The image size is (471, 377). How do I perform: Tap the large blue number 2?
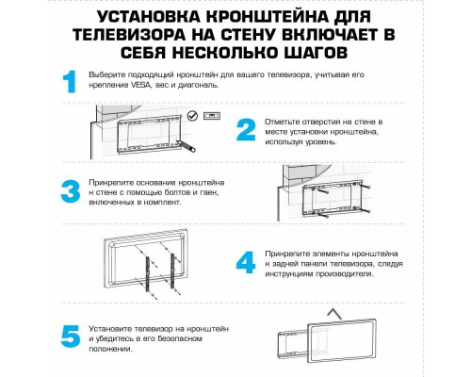pyautogui.click(x=247, y=131)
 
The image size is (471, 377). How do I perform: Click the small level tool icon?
pyautogui.click(x=214, y=117)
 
